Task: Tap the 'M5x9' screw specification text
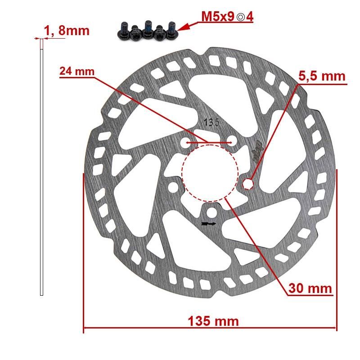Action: coord(217,17)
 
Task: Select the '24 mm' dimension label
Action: coord(77,72)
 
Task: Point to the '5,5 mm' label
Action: coord(322,76)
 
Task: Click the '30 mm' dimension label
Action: coord(310,288)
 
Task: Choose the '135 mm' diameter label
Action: coord(213,321)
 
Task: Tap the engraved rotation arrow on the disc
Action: coord(209,223)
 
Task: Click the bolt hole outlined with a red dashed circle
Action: coord(248,183)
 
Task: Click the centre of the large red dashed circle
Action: coord(210,171)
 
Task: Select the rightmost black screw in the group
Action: coord(171,29)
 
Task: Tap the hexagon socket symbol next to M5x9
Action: coord(241,17)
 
